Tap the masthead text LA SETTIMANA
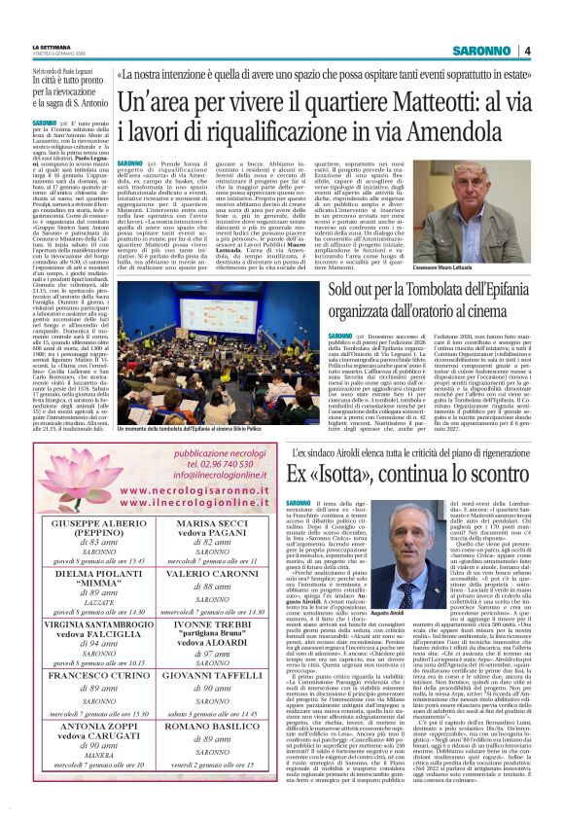pyautogui.click(x=51, y=46)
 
